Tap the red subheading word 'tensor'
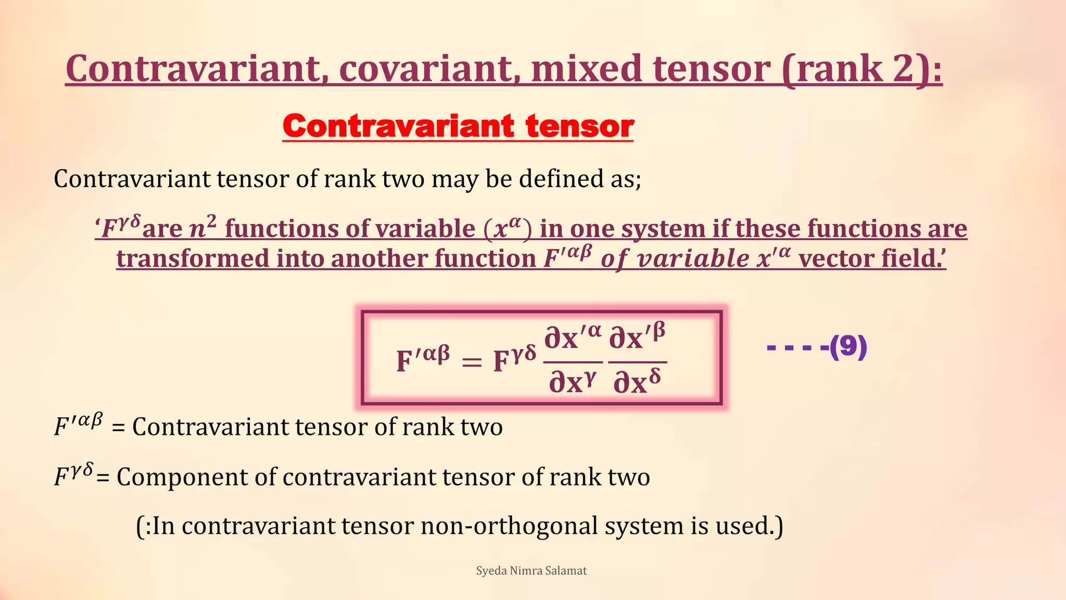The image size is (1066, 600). coord(579,127)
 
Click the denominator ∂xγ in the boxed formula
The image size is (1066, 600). coord(573,382)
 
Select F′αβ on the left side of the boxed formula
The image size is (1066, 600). coord(423,359)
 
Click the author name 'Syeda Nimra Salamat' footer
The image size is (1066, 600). coord(531,571)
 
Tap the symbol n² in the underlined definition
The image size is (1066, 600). coord(202,228)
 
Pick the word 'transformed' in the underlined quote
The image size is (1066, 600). coord(192,259)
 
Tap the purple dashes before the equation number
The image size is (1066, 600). coord(797,347)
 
